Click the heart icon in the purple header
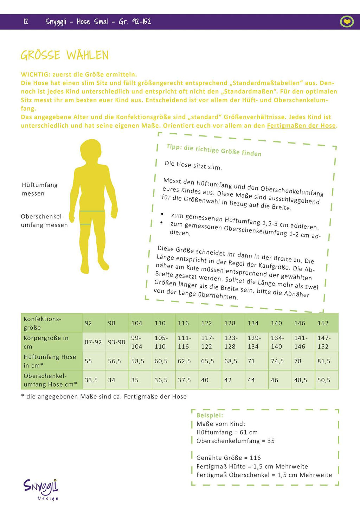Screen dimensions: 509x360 click(x=347, y=22)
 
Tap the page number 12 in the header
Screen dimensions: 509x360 click(x=26, y=22)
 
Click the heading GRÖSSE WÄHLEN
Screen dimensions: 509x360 click(x=65, y=55)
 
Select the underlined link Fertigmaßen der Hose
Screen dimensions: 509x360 click(x=301, y=126)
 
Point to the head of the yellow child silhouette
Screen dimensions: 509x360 click(x=91, y=152)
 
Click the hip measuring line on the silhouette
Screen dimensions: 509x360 click(x=92, y=211)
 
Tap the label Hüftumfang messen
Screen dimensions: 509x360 click(x=39, y=189)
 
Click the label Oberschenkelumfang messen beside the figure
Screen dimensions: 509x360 click(x=44, y=221)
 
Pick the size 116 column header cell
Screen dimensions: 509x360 click(x=184, y=323)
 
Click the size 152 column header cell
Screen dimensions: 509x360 click(x=323, y=323)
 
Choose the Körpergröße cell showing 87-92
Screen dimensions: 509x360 click(x=93, y=342)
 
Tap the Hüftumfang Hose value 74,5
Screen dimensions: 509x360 click(x=277, y=361)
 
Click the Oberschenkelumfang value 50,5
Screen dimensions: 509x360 click(x=324, y=380)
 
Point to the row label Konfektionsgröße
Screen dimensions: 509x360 click(x=42, y=323)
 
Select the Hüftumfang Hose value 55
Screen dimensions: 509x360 click(x=89, y=361)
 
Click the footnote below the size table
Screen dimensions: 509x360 click(x=104, y=396)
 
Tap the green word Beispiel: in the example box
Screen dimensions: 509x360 click(x=210, y=415)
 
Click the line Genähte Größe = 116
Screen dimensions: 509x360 click(x=229, y=458)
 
